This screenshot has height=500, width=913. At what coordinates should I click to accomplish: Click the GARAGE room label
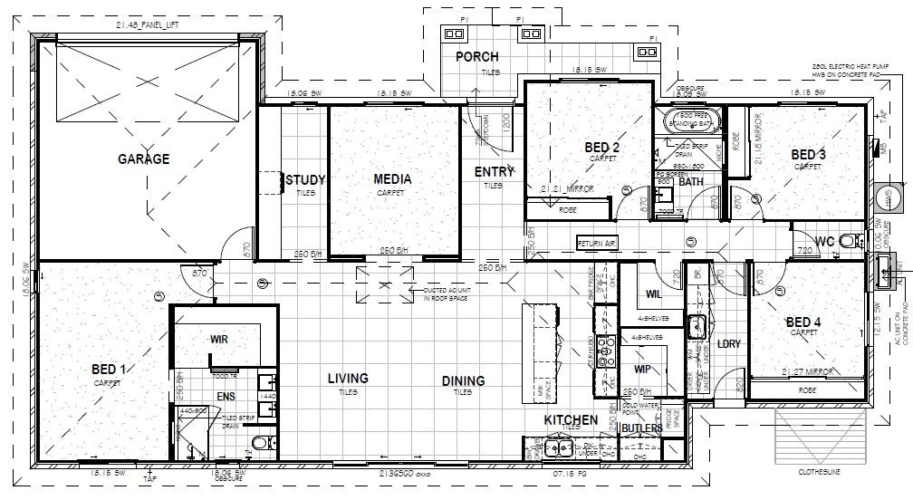coord(143,159)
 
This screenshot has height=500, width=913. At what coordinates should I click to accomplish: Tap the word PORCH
coord(476,57)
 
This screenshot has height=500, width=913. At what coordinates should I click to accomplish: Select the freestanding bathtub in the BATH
coord(692,120)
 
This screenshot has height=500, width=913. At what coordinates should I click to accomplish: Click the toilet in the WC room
coord(848,241)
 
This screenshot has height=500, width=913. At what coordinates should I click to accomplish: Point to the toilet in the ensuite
coord(260,444)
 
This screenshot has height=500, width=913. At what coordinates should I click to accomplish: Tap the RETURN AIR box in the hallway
coord(597,243)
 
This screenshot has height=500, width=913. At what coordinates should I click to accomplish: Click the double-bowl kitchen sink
coord(554,446)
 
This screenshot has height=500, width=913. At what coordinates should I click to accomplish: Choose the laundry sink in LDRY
coord(696,326)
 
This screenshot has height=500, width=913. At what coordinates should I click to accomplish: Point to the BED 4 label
coord(803,322)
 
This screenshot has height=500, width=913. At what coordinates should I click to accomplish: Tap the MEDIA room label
coord(392,179)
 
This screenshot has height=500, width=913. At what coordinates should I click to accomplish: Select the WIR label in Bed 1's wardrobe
coord(218,339)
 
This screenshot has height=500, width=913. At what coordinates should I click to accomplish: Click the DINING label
coord(463,381)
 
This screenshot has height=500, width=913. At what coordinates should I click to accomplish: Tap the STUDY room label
coord(305,180)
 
